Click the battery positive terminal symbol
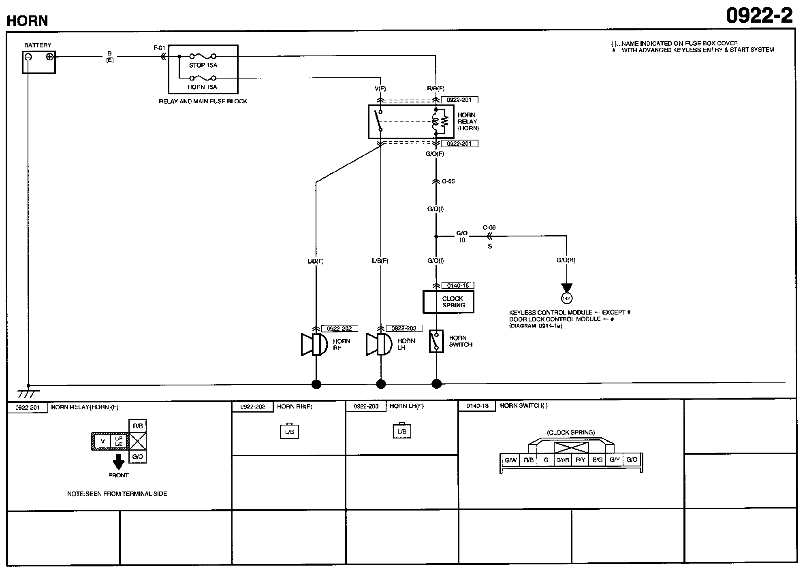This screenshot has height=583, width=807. tap(49, 57)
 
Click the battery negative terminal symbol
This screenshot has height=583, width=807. tap(28, 57)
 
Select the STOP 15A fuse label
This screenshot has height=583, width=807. tap(203, 65)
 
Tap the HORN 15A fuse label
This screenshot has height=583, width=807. tap(202, 87)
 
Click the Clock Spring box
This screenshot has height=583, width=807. tap(448, 302)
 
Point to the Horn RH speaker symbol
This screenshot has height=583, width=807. tap(314, 345)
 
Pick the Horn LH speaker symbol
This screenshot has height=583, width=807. tap(379, 345)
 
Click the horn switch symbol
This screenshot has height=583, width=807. tap(436, 341)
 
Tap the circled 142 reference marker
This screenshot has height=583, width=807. tap(566, 298)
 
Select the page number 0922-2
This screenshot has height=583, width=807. tap(759, 16)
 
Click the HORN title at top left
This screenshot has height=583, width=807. tap(27, 21)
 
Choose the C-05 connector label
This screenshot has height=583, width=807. tap(448, 181)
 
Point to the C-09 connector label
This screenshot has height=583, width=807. tap(489, 228)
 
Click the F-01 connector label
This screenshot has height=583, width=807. tap(159, 48)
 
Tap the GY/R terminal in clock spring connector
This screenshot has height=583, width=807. tap(563, 460)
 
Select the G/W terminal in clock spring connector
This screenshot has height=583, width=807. tap(510, 460)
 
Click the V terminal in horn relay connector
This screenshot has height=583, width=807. tap(102, 441)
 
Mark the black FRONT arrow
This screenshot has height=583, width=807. tap(118, 462)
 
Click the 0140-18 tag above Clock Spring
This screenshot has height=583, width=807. tap(458, 285)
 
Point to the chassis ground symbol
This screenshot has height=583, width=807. tap(28, 393)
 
